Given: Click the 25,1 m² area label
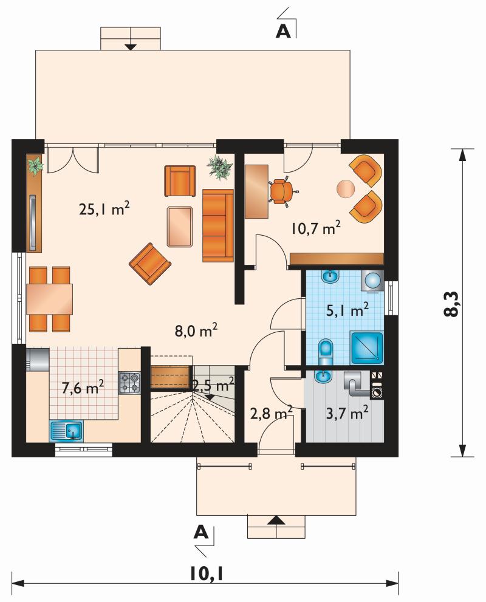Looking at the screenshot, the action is (104, 209).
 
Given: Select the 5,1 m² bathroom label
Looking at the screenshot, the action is (347, 309).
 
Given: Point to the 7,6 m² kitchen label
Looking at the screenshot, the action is (83, 388).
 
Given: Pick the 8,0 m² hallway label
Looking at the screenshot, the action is (196, 330).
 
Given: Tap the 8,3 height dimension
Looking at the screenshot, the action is (451, 303).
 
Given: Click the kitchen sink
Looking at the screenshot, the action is (66, 431).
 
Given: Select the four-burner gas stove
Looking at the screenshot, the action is (130, 382).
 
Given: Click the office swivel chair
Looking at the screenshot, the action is (282, 191).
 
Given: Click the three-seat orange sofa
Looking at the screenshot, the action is (217, 225).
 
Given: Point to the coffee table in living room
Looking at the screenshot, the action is (180, 226).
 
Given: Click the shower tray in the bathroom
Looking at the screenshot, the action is (366, 348).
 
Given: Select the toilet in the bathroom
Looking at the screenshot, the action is (326, 352).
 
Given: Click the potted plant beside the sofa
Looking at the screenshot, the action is (220, 168).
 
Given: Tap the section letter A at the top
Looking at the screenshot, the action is (283, 32).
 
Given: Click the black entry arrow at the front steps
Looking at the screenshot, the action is (276, 521).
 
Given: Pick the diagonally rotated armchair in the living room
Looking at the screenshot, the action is (150, 264).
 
